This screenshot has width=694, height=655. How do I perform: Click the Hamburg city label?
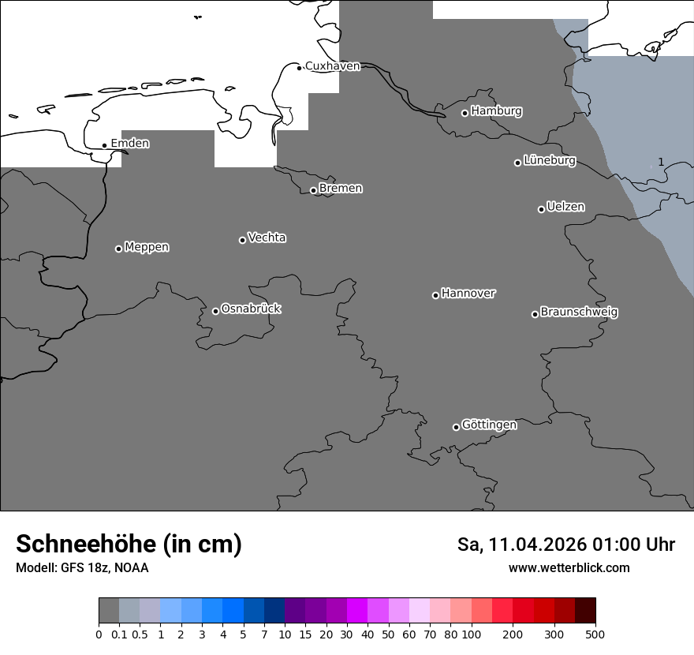pyautogui.click(x=496, y=111)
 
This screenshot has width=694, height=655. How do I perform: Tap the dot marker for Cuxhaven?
pyautogui.click(x=299, y=68)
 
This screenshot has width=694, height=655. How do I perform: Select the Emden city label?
pyautogui.click(x=129, y=144)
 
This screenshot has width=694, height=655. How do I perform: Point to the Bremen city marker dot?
pyautogui.click(x=313, y=190)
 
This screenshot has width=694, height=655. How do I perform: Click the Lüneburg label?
pyautogui.click(x=549, y=161)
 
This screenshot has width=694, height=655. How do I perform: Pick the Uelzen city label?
pyautogui.click(x=565, y=208)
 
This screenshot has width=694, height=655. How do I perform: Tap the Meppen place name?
pyautogui.click(x=147, y=248)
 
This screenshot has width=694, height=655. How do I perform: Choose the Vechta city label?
pyautogui.click(x=267, y=238)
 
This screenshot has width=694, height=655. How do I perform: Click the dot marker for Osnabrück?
pyautogui.click(x=215, y=311)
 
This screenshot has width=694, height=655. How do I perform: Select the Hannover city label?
pyautogui.click(x=468, y=294)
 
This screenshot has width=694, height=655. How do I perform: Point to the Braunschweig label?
pyautogui.click(x=579, y=313)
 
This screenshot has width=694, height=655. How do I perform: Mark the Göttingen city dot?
pyautogui.click(x=456, y=427)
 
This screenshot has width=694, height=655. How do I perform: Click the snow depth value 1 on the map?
pyautogui.click(x=661, y=162)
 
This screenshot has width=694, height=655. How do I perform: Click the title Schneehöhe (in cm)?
pyautogui.click(x=129, y=545)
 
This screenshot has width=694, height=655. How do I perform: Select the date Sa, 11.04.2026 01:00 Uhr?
pyautogui.click(x=566, y=545)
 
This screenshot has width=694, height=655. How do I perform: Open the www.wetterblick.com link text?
pyautogui.click(x=569, y=568)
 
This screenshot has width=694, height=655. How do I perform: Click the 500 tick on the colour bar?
pyautogui.click(x=595, y=634)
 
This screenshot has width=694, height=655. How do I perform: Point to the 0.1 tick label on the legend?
pyautogui.click(x=119, y=634)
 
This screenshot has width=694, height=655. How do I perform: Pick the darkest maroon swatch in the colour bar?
pyautogui.click(x=585, y=611)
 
